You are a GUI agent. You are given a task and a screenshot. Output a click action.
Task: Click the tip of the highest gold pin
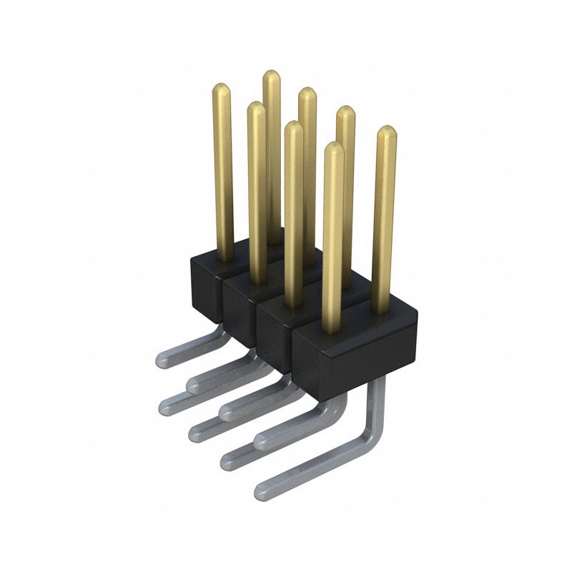(x=271, y=77)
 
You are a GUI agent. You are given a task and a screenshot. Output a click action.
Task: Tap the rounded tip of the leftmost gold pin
(x=222, y=91)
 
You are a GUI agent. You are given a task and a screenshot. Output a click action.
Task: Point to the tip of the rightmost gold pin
(x=387, y=133)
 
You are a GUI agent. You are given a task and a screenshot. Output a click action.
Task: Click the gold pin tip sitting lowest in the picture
(x=333, y=149)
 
